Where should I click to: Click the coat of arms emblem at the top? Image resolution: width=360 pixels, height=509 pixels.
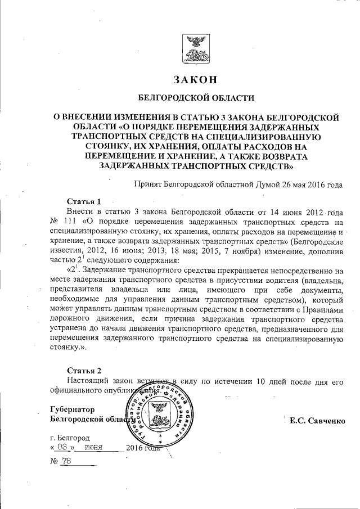(195, 48)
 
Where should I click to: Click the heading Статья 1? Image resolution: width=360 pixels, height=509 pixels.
(84, 202)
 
